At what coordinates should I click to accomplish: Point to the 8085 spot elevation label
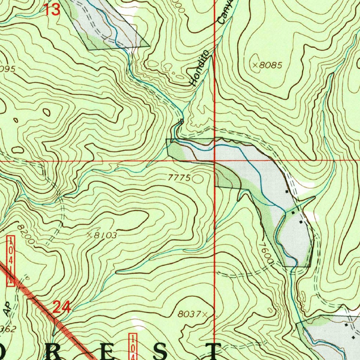271,65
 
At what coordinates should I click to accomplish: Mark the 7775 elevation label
179,178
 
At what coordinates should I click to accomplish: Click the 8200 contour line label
27,234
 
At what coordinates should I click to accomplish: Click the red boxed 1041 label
11,261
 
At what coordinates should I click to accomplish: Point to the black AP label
7,309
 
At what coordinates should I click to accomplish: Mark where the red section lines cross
214,161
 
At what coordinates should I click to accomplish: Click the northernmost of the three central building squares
287,192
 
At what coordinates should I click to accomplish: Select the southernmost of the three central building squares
301,222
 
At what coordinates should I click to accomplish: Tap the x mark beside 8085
255,65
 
